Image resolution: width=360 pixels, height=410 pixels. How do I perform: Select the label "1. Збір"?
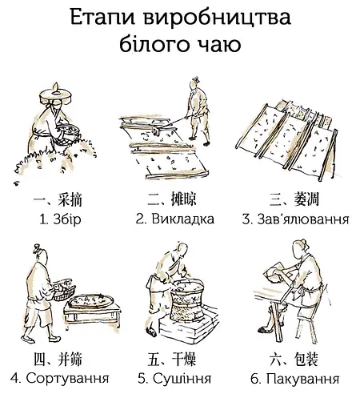point(60,220)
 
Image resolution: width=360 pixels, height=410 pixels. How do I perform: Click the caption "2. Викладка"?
point(175,219)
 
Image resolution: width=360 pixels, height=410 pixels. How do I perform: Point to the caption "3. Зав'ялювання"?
point(295,219)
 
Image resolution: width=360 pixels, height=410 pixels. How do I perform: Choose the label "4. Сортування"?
point(60,378)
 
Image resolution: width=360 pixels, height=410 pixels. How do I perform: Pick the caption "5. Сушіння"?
point(174,378)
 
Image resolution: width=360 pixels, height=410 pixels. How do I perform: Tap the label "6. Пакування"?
point(295,379)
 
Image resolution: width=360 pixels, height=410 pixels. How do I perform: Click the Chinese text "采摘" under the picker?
point(70,199)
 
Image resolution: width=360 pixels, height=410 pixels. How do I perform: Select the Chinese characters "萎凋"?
point(306,199)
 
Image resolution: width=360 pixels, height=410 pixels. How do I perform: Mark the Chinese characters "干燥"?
point(184,359)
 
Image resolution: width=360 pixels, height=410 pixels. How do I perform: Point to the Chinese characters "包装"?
point(306,359)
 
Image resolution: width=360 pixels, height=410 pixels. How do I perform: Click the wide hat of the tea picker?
point(56,95)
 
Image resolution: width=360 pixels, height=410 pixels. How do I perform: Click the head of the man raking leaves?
point(195,82)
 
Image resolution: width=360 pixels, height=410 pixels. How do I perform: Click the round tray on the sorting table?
point(90,302)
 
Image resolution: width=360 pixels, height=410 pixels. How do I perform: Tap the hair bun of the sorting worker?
point(37,249)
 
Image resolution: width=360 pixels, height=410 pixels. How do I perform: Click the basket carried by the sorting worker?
point(64,290)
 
